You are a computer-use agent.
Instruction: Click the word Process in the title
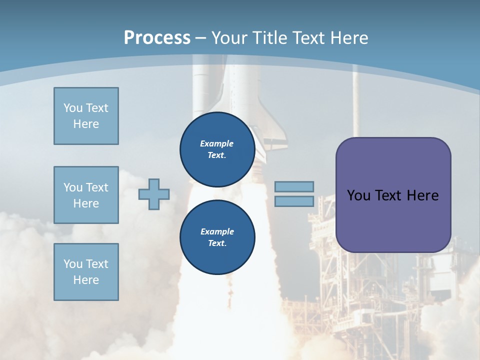coord(157,38)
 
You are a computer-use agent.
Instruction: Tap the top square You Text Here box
coord(86,116)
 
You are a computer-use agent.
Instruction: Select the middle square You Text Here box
coord(86,195)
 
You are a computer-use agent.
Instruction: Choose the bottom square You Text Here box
coord(86,272)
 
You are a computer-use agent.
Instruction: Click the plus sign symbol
coord(154,194)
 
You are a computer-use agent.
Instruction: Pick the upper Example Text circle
coord(217,149)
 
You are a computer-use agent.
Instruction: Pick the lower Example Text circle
coord(217,237)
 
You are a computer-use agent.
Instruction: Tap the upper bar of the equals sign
coord(294,186)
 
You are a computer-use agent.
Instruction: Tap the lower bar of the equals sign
coord(294,201)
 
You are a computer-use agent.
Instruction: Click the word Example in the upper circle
coord(217,143)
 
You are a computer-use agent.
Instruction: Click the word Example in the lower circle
coord(217,231)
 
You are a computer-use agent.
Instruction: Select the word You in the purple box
coord(359,195)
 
